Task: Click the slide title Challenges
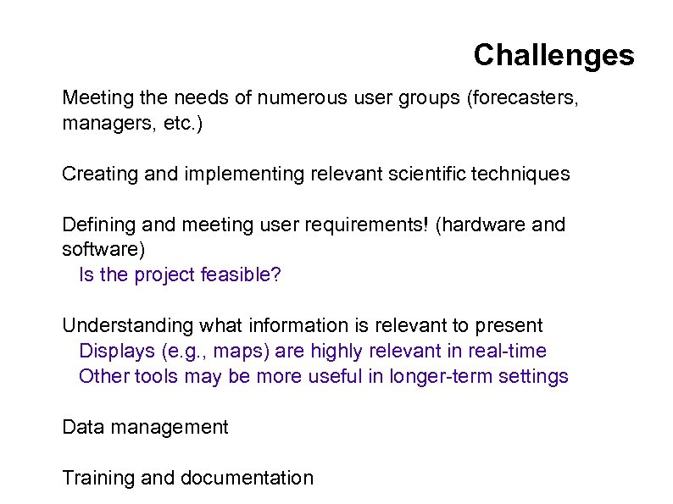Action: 553,55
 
